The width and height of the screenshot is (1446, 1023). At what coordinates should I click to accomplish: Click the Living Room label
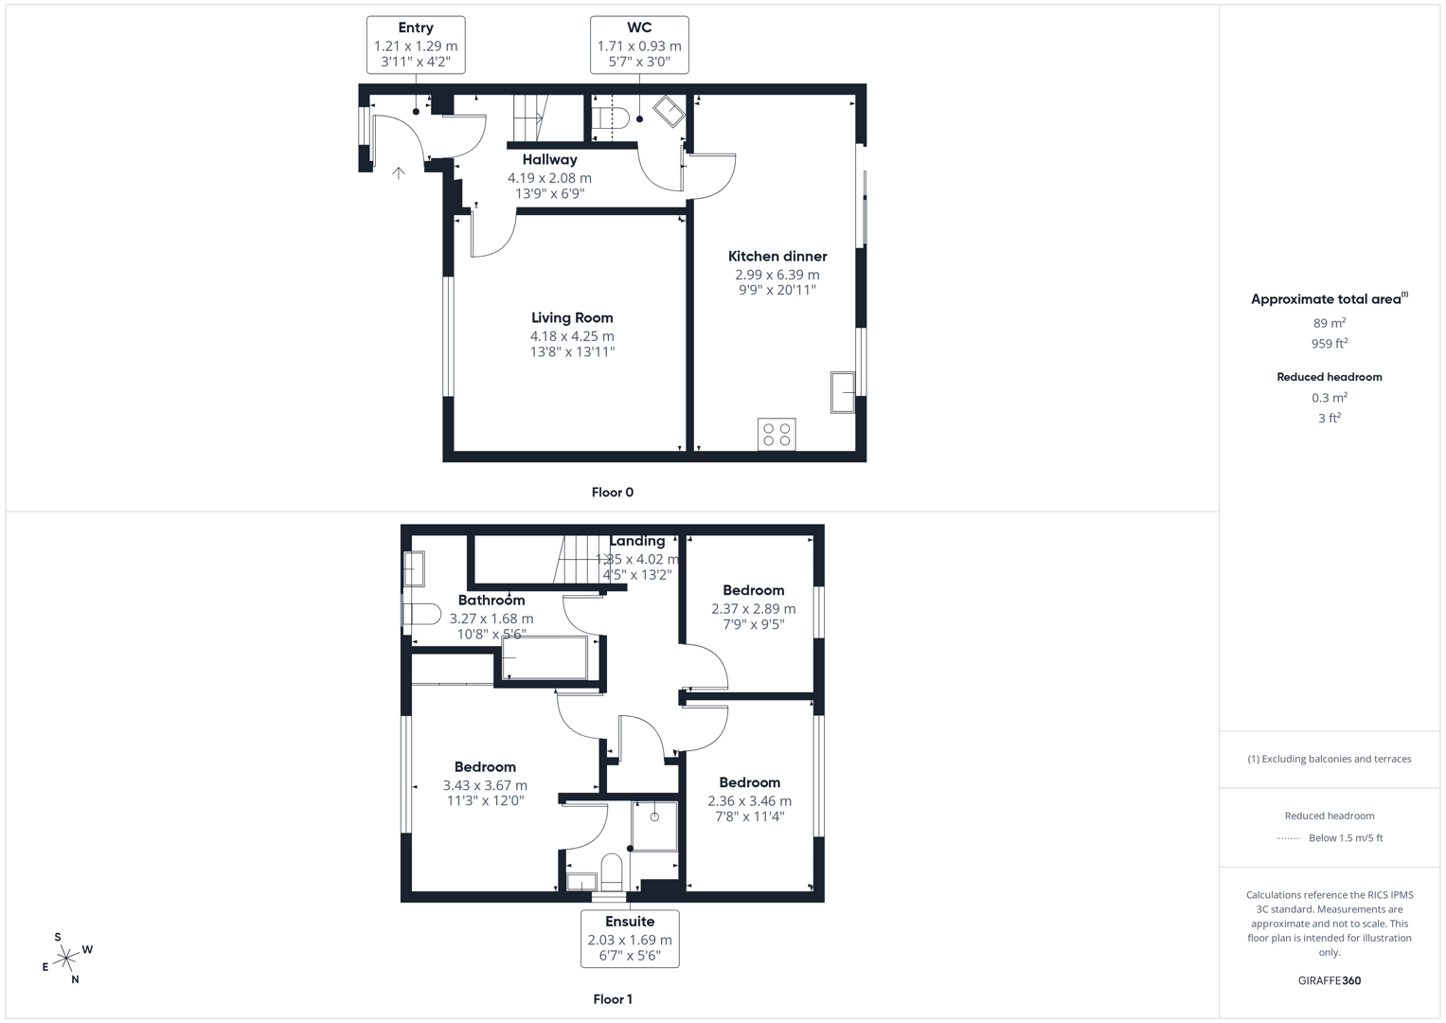point(572,318)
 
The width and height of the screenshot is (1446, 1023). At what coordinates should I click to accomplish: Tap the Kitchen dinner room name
point(777,257)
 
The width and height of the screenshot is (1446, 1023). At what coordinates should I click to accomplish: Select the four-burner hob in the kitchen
point(777,434)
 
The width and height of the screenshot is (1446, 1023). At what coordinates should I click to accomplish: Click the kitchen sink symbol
point(843,392)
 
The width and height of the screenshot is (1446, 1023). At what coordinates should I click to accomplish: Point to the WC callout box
point(639,45)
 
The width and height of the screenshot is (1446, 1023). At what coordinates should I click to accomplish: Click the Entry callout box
point(416,45)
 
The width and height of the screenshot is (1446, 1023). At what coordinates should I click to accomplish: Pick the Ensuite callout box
point(630,939)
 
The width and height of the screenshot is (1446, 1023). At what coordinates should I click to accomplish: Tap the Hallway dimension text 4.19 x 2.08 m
point(549,178)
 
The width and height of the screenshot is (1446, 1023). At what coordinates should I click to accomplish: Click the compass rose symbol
point(66,959)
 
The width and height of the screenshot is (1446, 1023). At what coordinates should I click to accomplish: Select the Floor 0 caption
point(613,493)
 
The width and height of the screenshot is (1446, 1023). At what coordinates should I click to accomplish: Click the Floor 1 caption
point(613,999)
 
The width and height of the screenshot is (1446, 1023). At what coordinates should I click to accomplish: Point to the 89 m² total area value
point(1330,323)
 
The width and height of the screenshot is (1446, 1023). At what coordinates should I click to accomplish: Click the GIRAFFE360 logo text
point(1330,980)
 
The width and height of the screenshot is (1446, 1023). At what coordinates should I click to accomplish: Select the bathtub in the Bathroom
point(544,657)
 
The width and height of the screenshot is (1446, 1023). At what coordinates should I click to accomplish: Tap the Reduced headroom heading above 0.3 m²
point(1330,377)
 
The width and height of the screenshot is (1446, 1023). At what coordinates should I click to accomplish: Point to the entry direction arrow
point(399,172)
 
